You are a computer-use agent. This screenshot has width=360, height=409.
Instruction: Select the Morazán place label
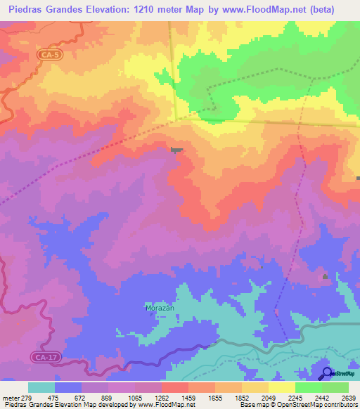[x=159, y=309]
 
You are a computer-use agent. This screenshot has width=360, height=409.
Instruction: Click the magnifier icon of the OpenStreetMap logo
[x=326, y=372]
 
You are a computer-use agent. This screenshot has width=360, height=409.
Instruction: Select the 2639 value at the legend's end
[x=347, y=398]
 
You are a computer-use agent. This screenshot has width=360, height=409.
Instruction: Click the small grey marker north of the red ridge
[x=176, y=149]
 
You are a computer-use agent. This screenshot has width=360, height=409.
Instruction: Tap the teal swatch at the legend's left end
[x=41, y=387]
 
